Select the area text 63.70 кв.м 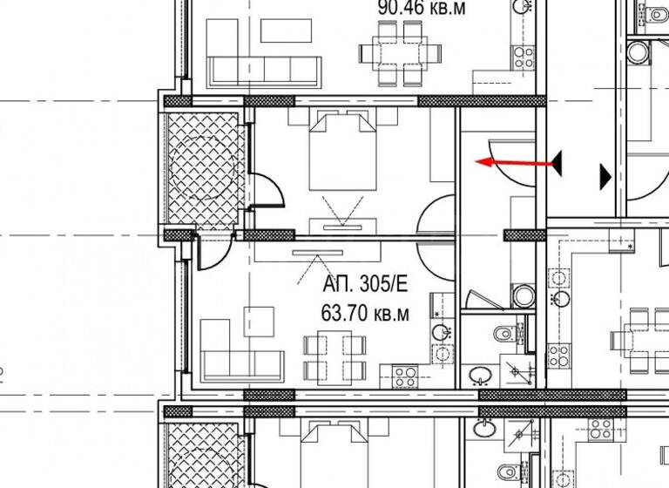365,315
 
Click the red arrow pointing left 514,162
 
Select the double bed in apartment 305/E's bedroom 342,152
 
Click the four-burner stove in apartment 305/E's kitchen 404,376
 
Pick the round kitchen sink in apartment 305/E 443,331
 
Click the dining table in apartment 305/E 334,357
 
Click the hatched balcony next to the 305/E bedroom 202,166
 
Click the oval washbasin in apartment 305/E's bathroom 478,375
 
